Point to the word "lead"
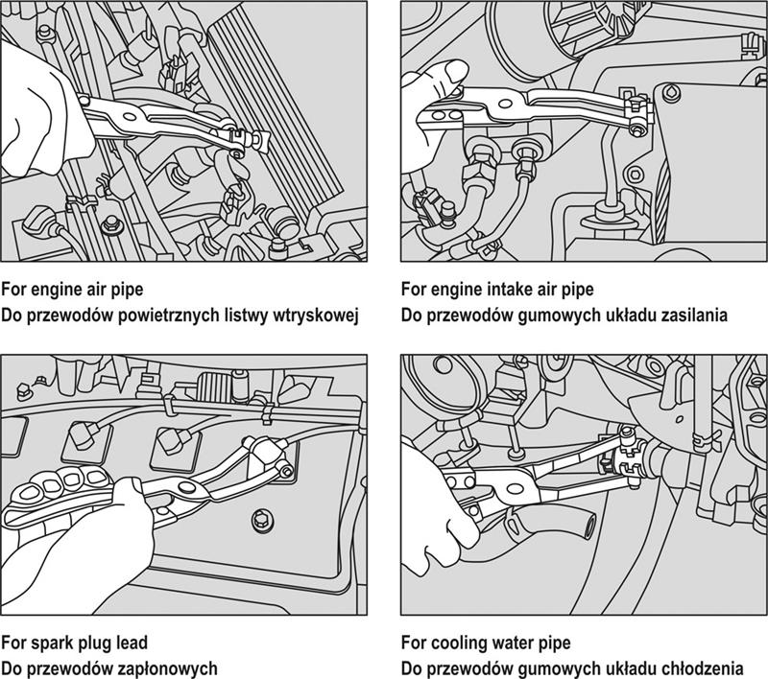pos(130,643)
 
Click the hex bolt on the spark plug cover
pos(259,521)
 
